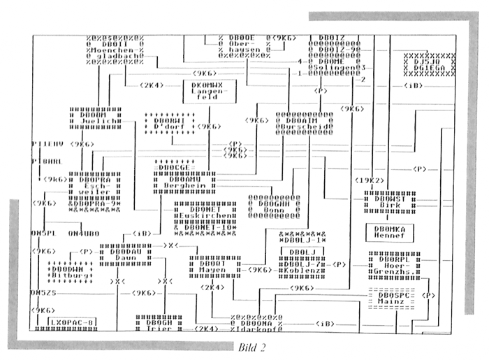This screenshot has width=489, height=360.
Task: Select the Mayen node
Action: (214, 269)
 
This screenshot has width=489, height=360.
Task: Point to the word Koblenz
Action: (302, 270)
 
